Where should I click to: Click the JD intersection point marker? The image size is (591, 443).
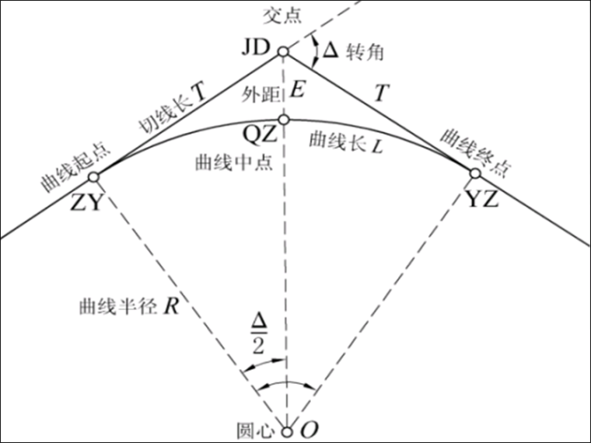tap(283, 52)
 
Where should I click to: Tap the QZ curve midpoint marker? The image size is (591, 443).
tap(284, 119)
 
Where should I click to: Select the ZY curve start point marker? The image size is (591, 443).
tap(94, 176)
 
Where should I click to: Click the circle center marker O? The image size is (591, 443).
tap(287, 431)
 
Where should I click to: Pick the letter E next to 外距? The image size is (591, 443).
tap(296, 91)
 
